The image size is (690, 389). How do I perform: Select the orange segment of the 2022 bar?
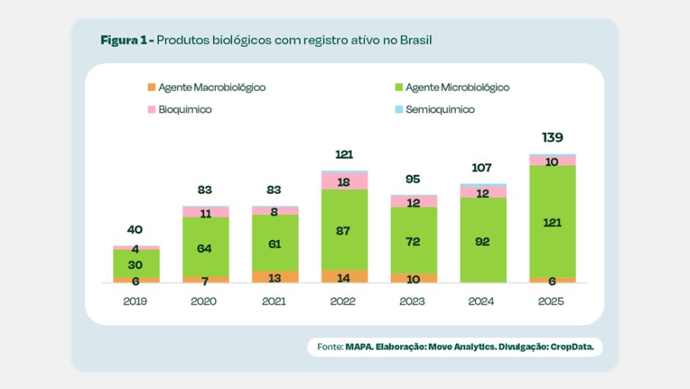point(344,276)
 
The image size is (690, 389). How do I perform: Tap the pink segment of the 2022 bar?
point(344,181)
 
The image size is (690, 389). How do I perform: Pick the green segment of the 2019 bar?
point(136,263)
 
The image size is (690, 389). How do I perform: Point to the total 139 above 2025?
point(553,138)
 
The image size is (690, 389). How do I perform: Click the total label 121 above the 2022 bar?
point(344,155)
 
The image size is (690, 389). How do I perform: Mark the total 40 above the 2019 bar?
point(135,230)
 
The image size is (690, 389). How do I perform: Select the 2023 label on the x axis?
point(413,301)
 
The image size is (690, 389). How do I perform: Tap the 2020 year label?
point(205,301)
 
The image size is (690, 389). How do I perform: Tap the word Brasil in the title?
point(415,39)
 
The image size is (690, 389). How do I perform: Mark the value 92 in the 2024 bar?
point(483,241)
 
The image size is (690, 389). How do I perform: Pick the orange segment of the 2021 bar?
point(275,277)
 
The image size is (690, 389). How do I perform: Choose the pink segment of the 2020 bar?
point(206,212)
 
